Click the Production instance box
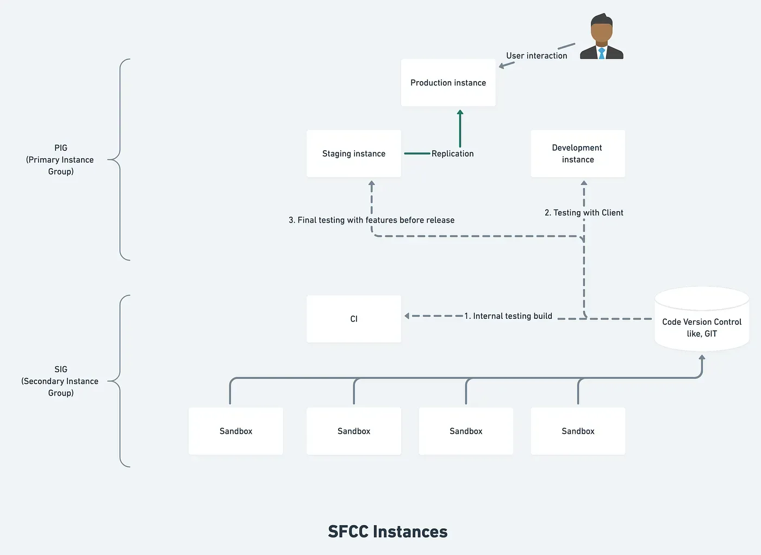tap(448, 83)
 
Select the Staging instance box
tap(353, 153)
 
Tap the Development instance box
tap(577, 153)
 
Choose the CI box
tap(353, 319)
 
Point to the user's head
tap(601, 30)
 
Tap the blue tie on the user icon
tap(602, 53)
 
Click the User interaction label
tap(537, 55)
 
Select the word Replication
tap(452, 153)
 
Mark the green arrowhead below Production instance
tap(460, 113)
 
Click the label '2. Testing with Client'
tap(584, 213)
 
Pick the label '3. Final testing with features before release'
tap(371, 220)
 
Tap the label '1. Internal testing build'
tap(508, 316)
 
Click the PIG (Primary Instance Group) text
tap(60, 159)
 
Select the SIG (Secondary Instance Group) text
tap(60, 381)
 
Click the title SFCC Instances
tap(388, 532)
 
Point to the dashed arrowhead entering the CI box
tap(407, 316)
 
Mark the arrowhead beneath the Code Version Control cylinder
tap(702, 358)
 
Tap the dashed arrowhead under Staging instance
tap(372, 184)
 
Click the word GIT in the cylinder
tap(710, 334)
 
